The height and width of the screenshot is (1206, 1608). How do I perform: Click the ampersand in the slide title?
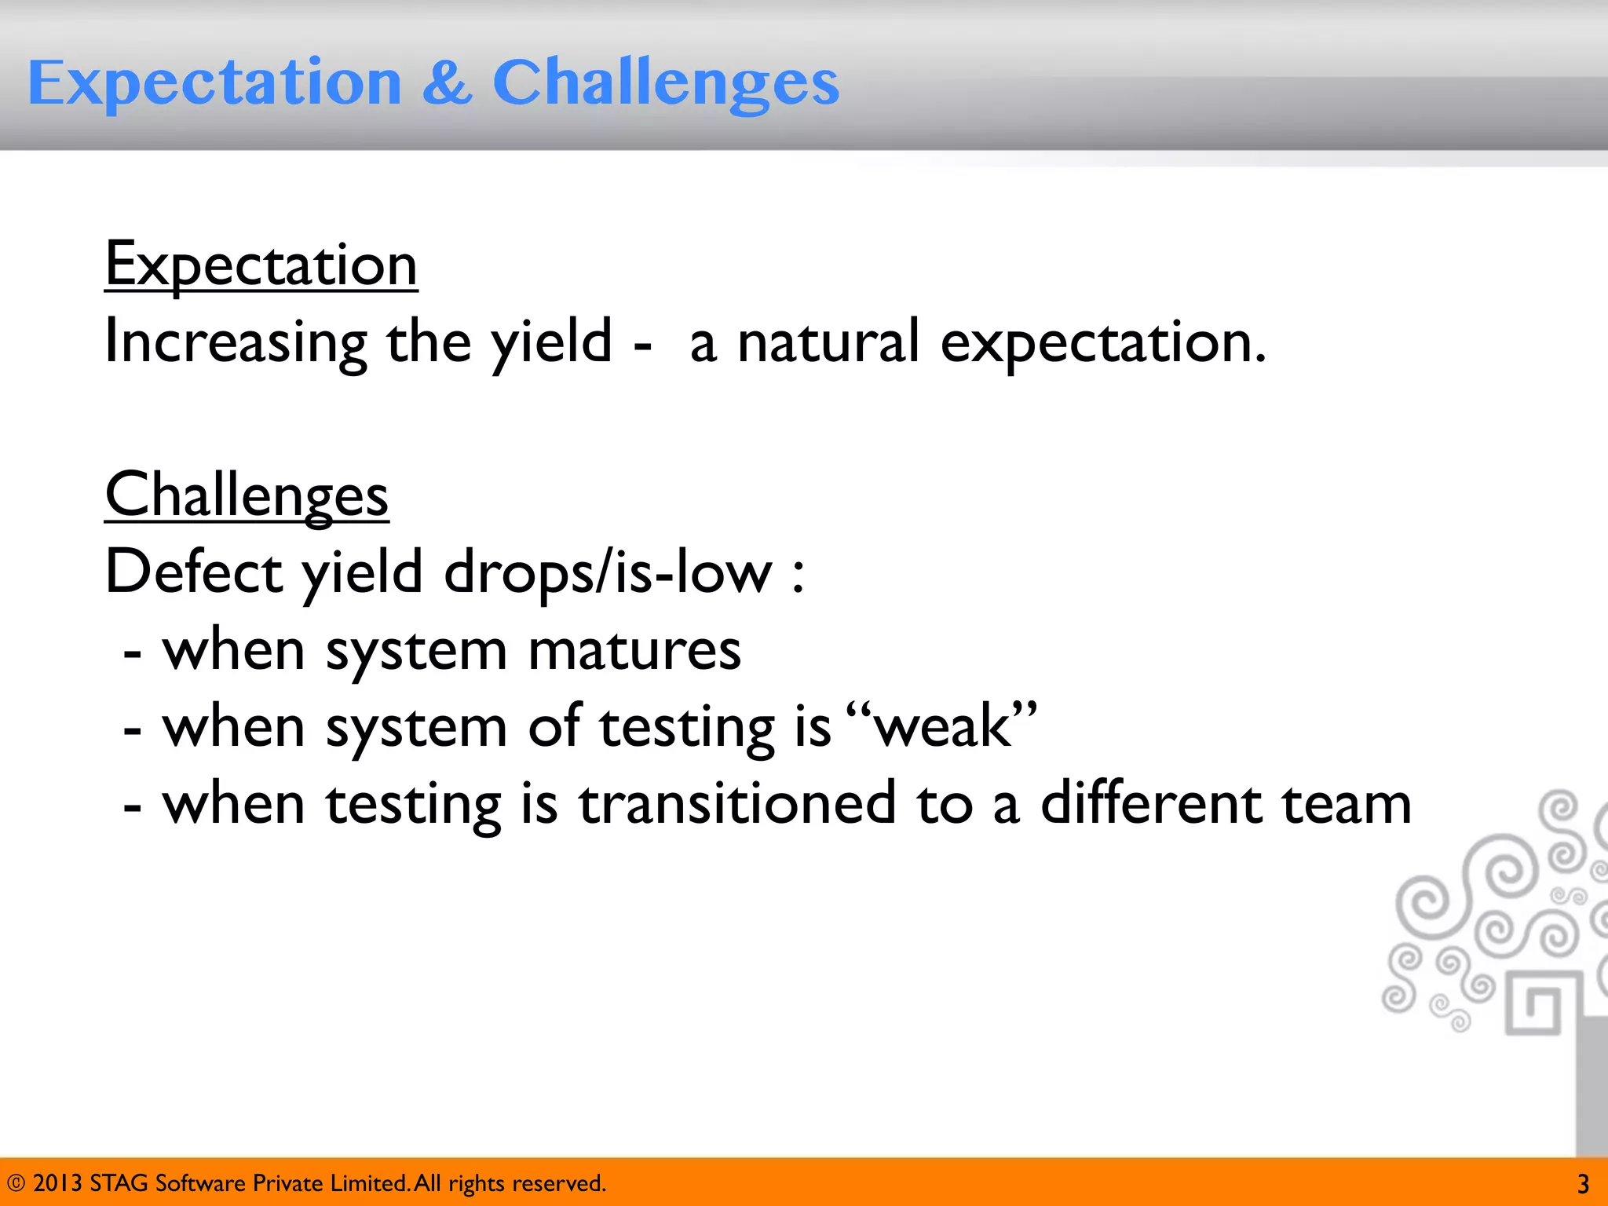pyautogui.click(x=447, y=82)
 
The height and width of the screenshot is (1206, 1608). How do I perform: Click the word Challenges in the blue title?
pyautogui.click(x=666, y=84)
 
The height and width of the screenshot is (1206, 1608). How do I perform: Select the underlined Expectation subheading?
pyautogui.click(x=261, y=265)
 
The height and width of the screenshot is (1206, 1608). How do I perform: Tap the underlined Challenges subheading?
pyautogui.click(x=247, y=495)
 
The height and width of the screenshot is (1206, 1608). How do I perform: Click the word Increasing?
pyautogui.click(x=236, y=342)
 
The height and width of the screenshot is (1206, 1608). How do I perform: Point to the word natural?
pyautogui.click(x=828, y=342)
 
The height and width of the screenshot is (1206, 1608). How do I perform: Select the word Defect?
pyautogui.click(x=193, y=572)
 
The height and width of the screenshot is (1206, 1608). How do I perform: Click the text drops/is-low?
pyautogui.click(x=608, y=572)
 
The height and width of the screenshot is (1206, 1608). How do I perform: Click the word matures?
pyautogui.click(x=634, y=650)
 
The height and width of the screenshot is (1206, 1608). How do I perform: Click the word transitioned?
pyautogui.click(x=736, y=804)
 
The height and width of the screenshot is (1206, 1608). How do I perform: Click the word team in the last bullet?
pyautogui.click(x=1346, y=804)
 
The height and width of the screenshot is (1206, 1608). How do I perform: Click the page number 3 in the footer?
pyautogui.click(x=1583, y=1184)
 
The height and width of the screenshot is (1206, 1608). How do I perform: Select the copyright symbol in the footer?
pyautogui.click(x=16, y=1183)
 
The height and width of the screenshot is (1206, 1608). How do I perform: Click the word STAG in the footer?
pyautogui.click(x=119, y=1183)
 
